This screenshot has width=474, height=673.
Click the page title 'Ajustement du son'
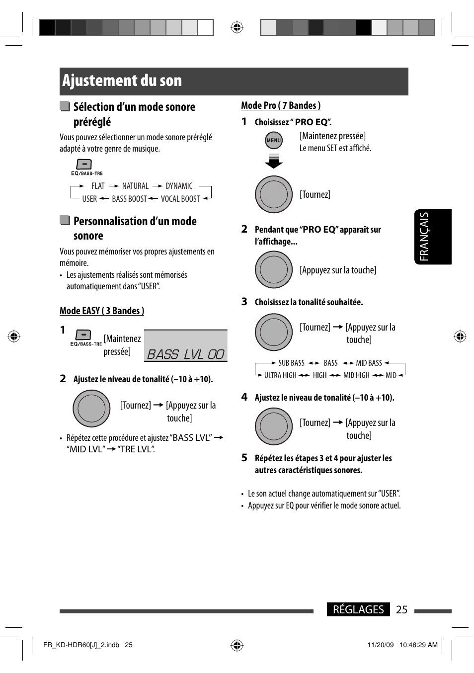[122, 81]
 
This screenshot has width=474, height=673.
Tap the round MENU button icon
[274, 141]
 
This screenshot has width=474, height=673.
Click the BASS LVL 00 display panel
[186, 346]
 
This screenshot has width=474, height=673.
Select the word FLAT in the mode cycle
[98, 186]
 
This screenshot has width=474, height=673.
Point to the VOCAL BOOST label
[180, 199]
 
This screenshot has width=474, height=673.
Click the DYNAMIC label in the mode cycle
[179, 186]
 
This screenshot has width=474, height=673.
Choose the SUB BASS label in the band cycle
[291, 363]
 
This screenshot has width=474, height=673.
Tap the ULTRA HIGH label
[280, 375]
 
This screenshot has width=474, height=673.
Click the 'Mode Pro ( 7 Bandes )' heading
[281, 105]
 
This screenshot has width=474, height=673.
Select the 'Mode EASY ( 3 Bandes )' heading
[102, 311]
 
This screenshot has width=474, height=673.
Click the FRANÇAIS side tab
[433, 237]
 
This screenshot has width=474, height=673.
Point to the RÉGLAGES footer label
[358, 609]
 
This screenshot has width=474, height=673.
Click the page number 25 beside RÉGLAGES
[402, 609]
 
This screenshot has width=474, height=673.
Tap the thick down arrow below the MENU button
[274, 161]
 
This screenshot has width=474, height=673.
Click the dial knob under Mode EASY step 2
[91, 409]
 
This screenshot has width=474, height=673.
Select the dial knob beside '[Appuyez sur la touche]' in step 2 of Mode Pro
[274, 270]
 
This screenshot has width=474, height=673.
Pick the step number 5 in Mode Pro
[244, 458]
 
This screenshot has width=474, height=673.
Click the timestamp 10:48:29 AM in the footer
[418, 645]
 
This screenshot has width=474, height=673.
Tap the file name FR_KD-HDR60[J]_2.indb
[81, 645]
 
